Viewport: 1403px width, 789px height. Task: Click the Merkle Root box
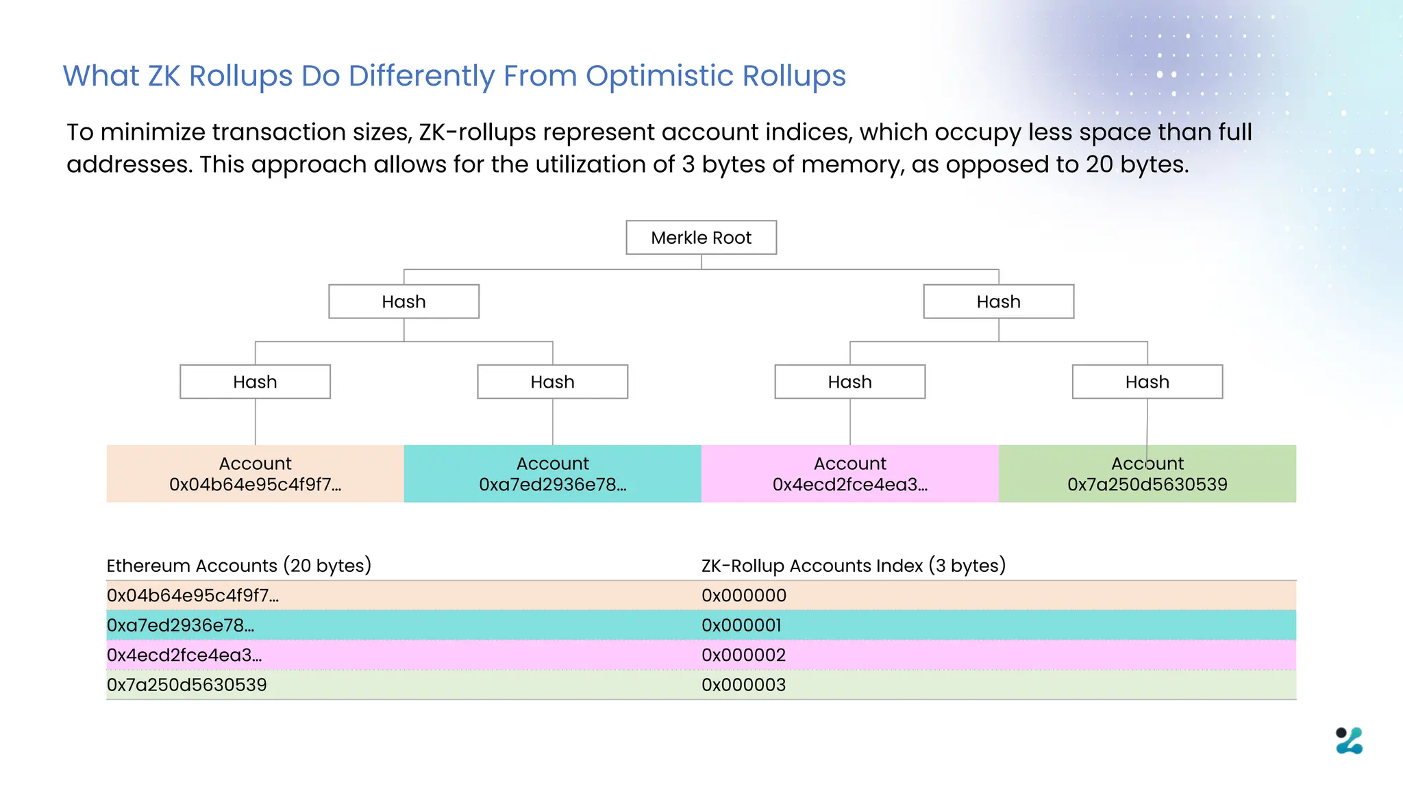pyautogui.click(x=701, y=238)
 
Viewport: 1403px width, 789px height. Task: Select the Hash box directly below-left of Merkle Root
pyautogui.click(x=403, y=301)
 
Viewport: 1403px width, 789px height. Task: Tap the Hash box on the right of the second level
pyautogui.click(x=998, y=301)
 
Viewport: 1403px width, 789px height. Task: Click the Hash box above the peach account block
pyautogui.click(x=255, y=381)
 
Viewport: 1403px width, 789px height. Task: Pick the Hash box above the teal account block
pyautogui.click(x=552, y=381)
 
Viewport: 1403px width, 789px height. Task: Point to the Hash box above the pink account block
pyautogui.click(x=849, y=381)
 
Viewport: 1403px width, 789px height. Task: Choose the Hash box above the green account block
pyautogui.click(x=1147, y=381)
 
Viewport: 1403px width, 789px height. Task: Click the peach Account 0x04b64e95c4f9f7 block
pyautogui.click(x=255, y=474)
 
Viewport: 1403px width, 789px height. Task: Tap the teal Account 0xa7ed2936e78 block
pyautogui.click(x=552, y=474)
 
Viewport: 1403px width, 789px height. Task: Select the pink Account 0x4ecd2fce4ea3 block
pyautogui.click(x=849, y=474)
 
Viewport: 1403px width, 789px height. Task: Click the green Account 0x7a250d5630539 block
pyautogui.click(x=1147, y=474)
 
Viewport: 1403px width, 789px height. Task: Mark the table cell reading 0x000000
pyautogui.click(x=744, y=595)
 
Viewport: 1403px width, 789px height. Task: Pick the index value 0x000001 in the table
pyautogui.click(x=741, y=625)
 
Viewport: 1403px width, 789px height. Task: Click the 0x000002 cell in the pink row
pyautogui.click(x=743, y=655)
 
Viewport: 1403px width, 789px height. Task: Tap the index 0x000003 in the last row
pyautogui.click(x=743, y=685)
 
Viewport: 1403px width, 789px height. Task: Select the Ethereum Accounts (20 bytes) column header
pyautogui.click(x=238, y=566)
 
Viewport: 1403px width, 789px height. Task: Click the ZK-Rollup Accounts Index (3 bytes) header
pyautogui.click(x=853, y=566)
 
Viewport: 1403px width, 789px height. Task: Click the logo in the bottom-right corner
pyautogui.click(x=1349, y=740)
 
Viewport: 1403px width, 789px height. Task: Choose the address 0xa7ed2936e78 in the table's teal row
pyautogui.click(x=180, y=625)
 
